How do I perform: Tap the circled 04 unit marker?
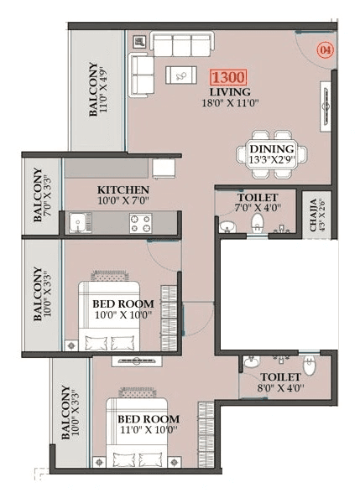[324, 50]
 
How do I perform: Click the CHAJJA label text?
[315, 213]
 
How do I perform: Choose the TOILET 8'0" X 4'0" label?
[279, 382]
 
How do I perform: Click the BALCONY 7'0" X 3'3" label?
[42, 195]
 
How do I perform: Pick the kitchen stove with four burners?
[139, 223]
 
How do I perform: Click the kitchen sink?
[78, 223]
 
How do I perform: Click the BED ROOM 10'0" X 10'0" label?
[123, 309]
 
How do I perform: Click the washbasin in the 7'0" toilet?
[226, 226]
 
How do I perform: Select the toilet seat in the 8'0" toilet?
[309, 364]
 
